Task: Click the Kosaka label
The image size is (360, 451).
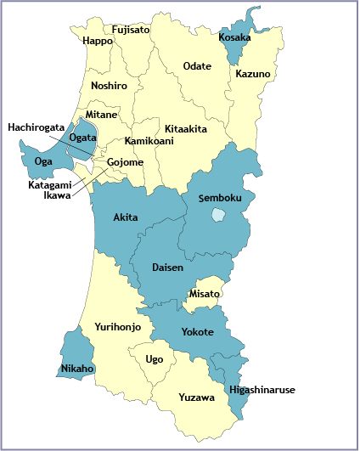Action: pos(235,37)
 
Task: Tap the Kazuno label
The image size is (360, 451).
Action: pos(253,74)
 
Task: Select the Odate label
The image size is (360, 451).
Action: pos(198,65)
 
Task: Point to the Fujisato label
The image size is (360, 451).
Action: pos(130,30)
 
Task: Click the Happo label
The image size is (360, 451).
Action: pos(98,41)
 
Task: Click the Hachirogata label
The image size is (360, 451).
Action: pos(37,127)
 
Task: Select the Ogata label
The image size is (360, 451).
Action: pos(82,137)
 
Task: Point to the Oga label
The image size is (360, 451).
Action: pos(42,161)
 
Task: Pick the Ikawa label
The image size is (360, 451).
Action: pos(57,194)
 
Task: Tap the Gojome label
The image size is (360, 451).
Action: pos(125,162)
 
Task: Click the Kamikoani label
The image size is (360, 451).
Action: pos(149,140)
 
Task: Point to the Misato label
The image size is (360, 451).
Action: pos(205,293)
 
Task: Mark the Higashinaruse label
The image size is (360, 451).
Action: pos(262,389)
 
